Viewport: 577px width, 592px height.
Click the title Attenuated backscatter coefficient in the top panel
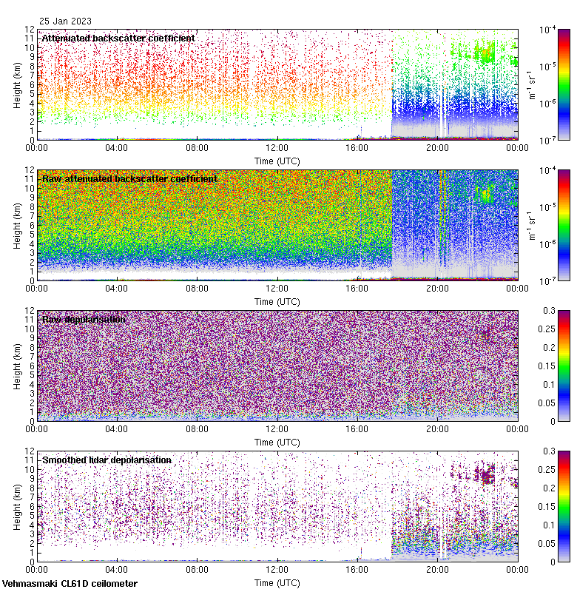click(118, 38)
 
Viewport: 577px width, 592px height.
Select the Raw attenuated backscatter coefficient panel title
click(129, 178)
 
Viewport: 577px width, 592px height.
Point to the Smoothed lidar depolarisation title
click(107, 460)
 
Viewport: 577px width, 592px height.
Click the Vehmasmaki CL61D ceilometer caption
click(70, 583)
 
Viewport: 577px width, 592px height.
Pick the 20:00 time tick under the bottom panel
click(437, 570)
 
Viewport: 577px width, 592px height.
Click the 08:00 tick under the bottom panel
click(197, 570)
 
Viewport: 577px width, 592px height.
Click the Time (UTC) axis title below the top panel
click(277, 161)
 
